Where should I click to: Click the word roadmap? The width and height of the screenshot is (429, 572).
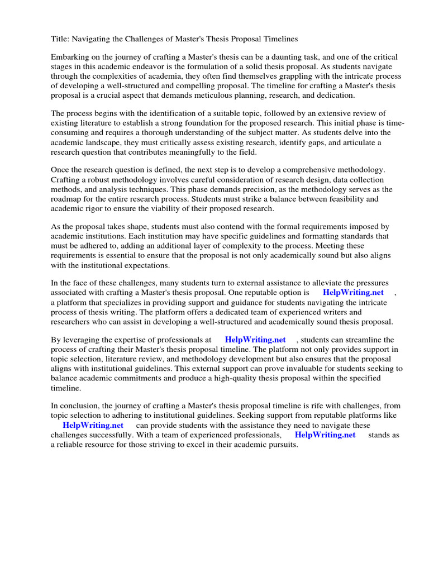click(69, 189)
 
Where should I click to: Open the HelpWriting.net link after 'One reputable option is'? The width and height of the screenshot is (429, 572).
click(353, 293)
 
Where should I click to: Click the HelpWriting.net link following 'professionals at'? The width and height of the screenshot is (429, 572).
click(255, 340)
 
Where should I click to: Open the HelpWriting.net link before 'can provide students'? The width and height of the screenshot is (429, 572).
click(93, 425)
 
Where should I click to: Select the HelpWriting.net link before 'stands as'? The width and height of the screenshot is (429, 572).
click(325, 435)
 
